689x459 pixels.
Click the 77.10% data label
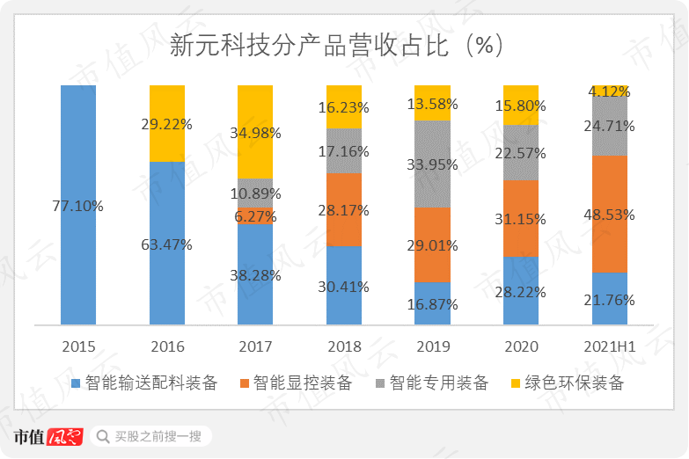click(78, 206)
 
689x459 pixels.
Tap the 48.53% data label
click(609, 215)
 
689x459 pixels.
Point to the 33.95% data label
click(432, 163)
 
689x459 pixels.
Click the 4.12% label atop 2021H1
click(609, 91)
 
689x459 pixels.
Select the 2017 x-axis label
click(255, 346)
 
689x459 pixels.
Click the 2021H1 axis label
click(609, 346)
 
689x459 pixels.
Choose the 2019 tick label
click(432, 346)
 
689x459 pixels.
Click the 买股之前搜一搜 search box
click(150, 436)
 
